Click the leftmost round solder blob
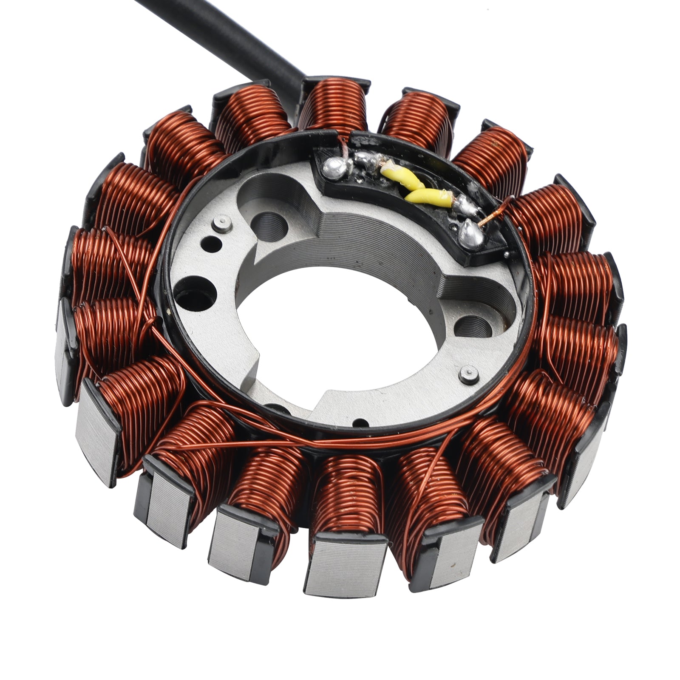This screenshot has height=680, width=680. pos(333,168)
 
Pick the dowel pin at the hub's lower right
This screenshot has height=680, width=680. pos(465,373)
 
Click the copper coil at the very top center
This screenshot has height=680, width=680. pos(336,104)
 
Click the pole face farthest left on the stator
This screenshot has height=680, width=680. pos(64,353)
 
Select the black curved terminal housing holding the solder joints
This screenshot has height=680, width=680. pos(408,195)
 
